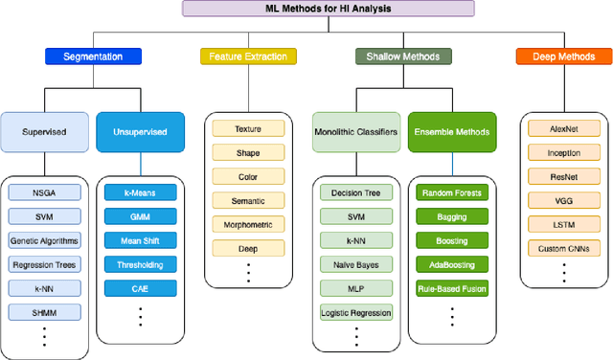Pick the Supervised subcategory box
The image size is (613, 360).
(45, 133)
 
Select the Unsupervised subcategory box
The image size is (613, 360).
(140, 133)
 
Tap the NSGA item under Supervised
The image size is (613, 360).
(45, 192)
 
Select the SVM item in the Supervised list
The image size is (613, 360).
(45, 216)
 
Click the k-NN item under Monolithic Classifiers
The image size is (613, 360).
(356, 240)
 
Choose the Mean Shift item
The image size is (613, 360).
(140, 240)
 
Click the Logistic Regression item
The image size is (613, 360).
(356, 312)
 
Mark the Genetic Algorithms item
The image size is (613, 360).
(45, 240)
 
